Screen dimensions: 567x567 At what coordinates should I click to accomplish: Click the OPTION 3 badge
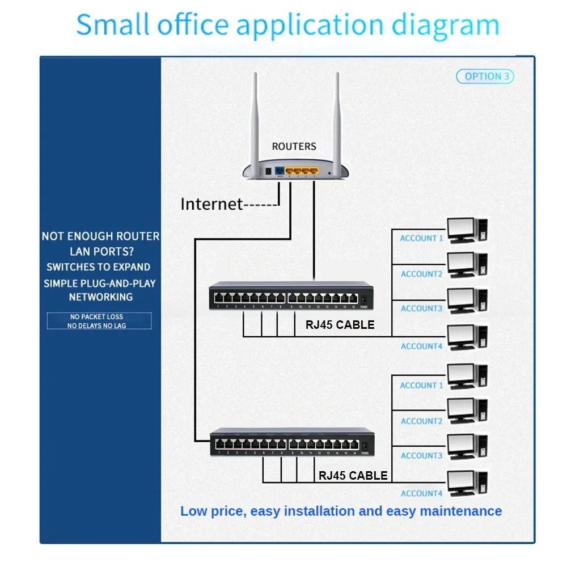coord(485,77)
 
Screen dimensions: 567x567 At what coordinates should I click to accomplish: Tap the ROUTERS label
coord(294,146)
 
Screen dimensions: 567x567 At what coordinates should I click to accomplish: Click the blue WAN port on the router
coord(279,170)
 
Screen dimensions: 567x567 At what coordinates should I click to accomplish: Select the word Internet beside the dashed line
coord(211,204)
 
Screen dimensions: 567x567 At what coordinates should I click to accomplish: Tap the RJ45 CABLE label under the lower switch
coord(353,476)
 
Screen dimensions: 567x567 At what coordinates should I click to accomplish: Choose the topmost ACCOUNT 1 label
coord(421,238)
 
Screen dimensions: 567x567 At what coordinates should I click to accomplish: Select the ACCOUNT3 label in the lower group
coord(421,456)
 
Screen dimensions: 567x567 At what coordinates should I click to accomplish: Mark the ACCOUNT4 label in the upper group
coord(421,346)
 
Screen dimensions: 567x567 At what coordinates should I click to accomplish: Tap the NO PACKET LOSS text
coord(96,317)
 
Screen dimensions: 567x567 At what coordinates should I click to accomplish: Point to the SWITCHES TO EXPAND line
coord(99,267)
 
